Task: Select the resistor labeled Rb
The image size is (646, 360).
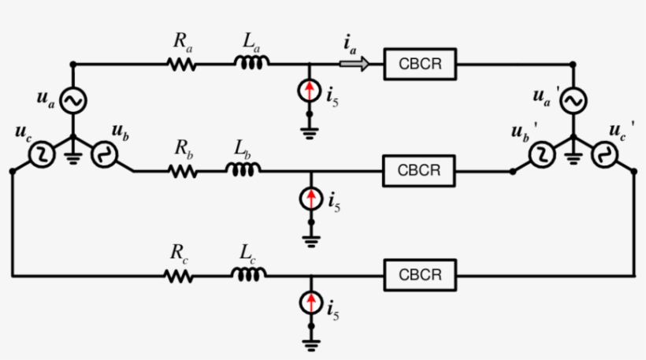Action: coord(183,169)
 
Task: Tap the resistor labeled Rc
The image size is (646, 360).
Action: coord(179,276)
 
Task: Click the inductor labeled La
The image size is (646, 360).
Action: coord(253,63)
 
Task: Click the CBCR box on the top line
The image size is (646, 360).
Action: coord(420,65)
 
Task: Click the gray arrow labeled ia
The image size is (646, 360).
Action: coord(355,65)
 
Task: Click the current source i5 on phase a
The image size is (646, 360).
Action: coord(312,92)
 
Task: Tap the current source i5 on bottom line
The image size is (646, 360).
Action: coord(312,303)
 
